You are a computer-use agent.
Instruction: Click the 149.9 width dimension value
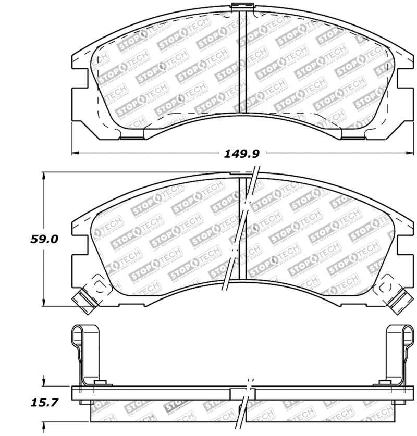241,153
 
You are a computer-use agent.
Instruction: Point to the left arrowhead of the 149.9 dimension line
75,153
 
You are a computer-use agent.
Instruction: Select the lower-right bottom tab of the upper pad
349,136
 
